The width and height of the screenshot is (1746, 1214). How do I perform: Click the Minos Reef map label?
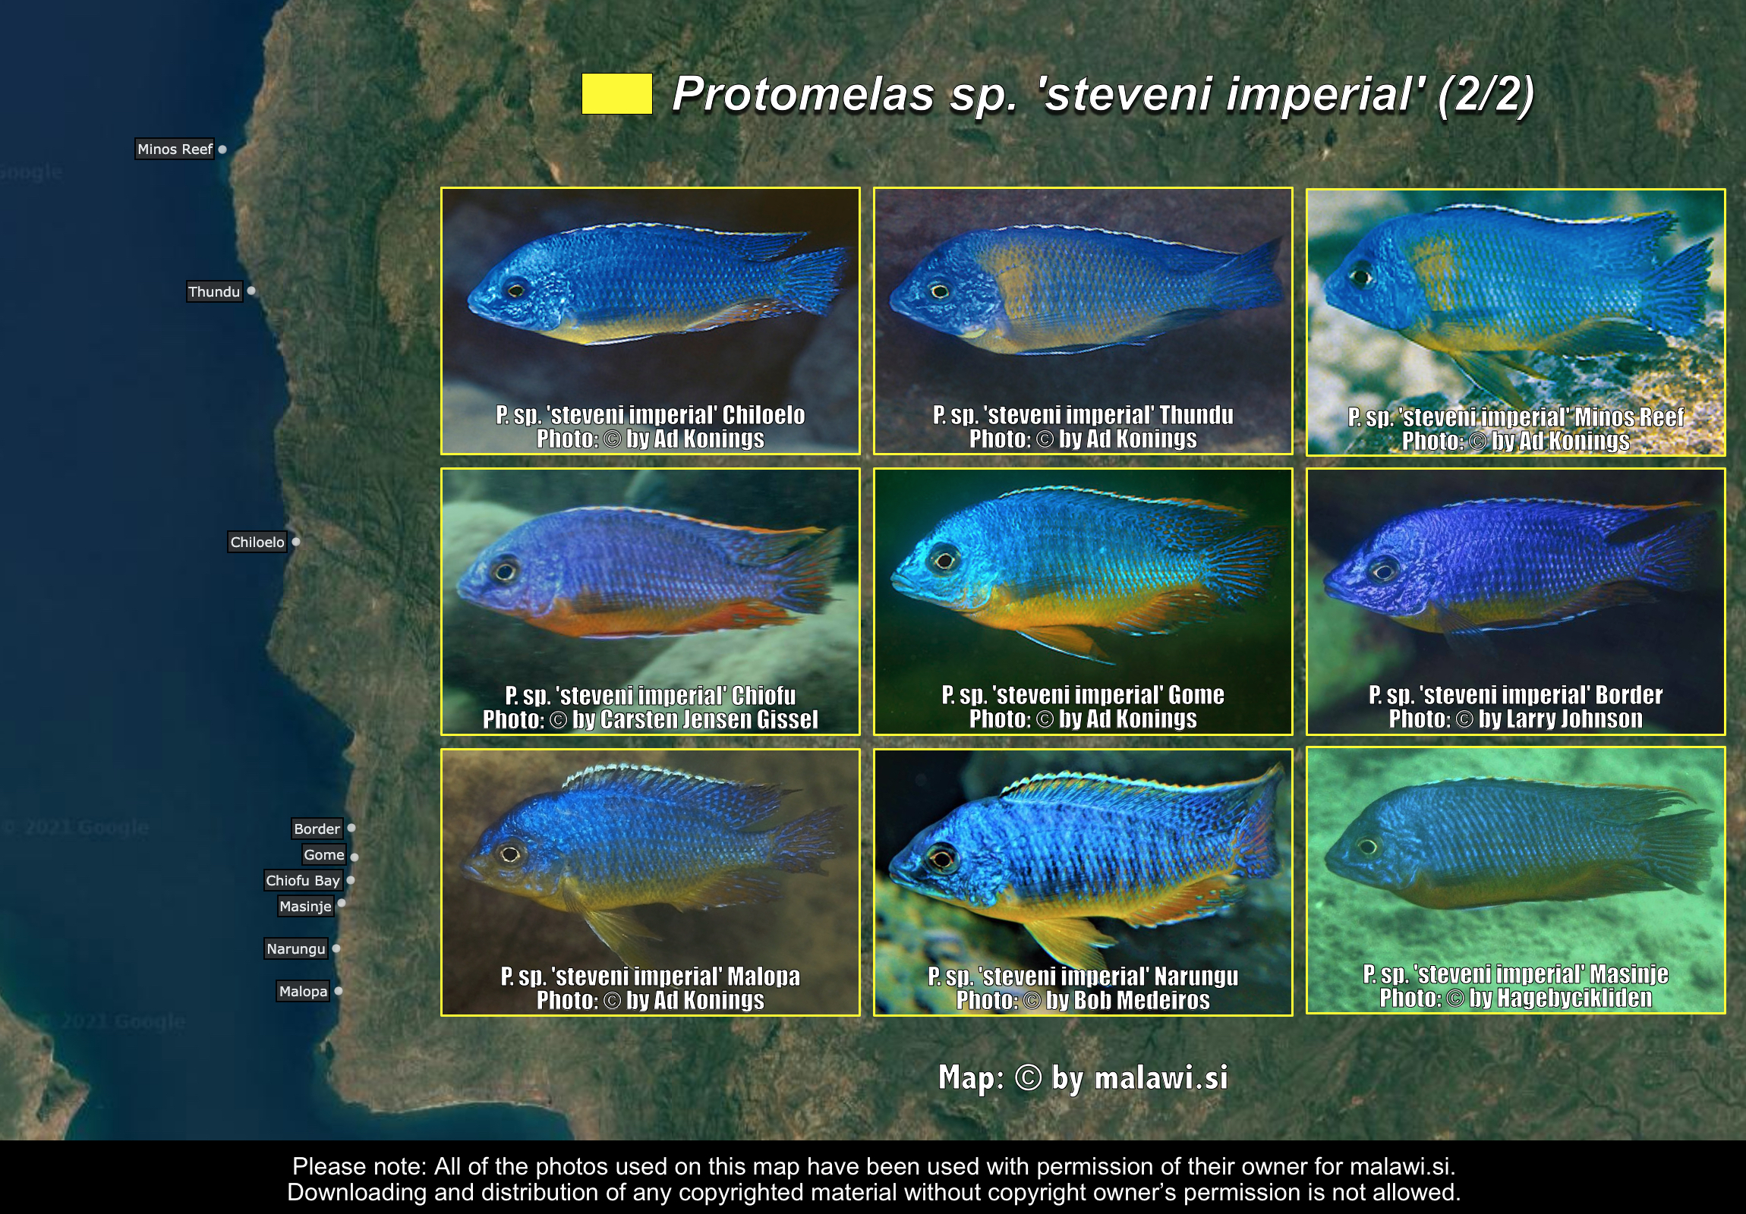pyautogui.click(x=175, y=149)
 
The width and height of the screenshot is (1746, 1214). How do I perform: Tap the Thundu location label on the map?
pyautogui.click(x=214, y=291)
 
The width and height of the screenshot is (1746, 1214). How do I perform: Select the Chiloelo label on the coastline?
pyautogui.click(x=257, y=542)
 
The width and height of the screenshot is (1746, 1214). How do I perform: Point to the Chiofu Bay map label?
pyautogui.click(x=303, y=880)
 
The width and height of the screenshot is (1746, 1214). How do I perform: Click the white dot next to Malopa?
pyautogui.click(x=339, y=990)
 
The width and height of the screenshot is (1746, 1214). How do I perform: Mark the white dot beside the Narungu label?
pyautogui.click(x=336, y=948)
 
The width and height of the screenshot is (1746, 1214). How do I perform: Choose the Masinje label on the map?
pyautogui.click(x=306, y=906)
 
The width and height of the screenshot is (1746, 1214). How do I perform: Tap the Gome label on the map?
pyautogui.click(x=324, y=854)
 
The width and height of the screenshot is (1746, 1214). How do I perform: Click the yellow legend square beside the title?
pyautogui.click(x=616, y=93)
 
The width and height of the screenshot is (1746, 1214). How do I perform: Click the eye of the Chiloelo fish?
pyautogui.click(x=516, y=290)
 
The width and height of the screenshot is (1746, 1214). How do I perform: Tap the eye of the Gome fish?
pyautogui.click(x=945, y=561)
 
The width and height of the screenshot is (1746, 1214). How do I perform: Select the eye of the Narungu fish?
pyautogui.click(x=941, y=859)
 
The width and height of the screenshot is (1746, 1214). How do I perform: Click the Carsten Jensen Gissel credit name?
pyautogui.click(x=695, y=720)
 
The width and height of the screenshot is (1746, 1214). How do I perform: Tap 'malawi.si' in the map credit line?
pyautogui.click(x=1161, y=1078)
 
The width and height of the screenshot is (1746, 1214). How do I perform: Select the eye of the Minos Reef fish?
pyautogui.click(x=1360, y=277)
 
